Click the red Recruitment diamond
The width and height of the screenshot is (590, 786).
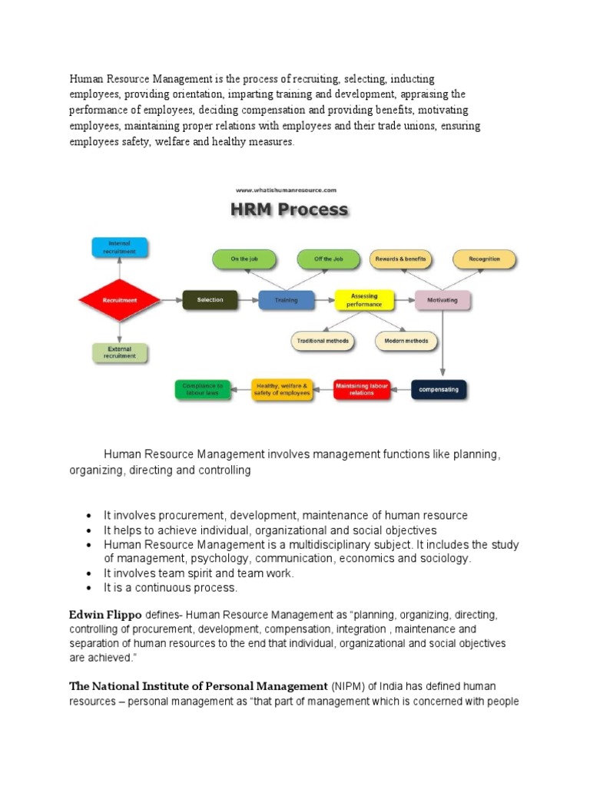tap(119, 300)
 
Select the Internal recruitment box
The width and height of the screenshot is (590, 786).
tap(119, 247)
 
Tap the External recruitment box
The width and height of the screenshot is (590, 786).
tap(119, 352)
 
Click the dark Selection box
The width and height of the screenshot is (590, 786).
tap(210, 300)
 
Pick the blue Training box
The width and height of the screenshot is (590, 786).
tap(286, 300)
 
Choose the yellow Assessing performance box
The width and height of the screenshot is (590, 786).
tap(363, 299)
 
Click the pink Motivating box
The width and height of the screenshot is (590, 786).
tap(442, 300)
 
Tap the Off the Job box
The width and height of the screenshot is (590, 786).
tap(329, 259)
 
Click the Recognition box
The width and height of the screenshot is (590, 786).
tap(484, 259)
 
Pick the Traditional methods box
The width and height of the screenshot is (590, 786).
tap(323, 340)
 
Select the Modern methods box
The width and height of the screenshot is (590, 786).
tap(406, 340)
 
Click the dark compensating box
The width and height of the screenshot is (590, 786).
tap(439, 389)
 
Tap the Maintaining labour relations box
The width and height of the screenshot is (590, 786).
tap(361, 389)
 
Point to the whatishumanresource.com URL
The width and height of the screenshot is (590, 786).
tap(286, 190)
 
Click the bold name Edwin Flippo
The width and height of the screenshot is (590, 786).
tap(105, 615)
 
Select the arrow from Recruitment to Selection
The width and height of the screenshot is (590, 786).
tap(170, 300)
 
